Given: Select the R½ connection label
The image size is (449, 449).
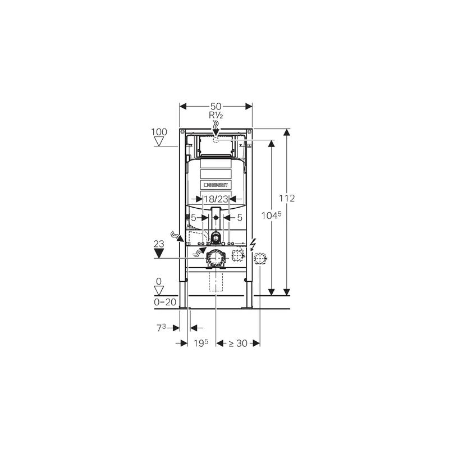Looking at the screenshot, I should [x=216, y=115].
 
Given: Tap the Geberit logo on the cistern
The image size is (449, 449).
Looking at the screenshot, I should [x=216, y=184].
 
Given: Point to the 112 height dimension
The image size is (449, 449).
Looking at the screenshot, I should [x=287, y=199].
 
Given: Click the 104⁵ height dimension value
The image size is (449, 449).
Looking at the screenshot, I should [x=272, y=216].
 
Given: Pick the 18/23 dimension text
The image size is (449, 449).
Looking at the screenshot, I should [x=216, y=199].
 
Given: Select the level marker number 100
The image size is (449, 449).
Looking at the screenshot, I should [x=159, y=132].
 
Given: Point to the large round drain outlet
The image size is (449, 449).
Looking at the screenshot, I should [x=215, y=258].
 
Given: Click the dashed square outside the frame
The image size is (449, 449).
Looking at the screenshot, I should [x=260, y=258].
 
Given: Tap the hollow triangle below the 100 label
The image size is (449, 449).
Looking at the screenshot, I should [x=159, y=141].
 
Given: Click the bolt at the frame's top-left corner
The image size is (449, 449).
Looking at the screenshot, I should [x=182, y=132].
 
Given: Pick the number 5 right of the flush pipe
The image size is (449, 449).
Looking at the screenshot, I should [x=239, y=217].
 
